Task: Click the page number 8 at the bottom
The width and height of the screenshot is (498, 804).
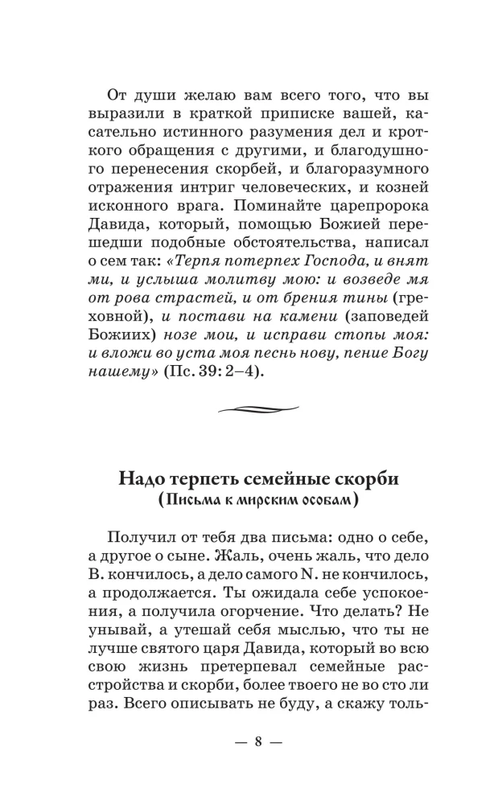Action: (x=258, y=741)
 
